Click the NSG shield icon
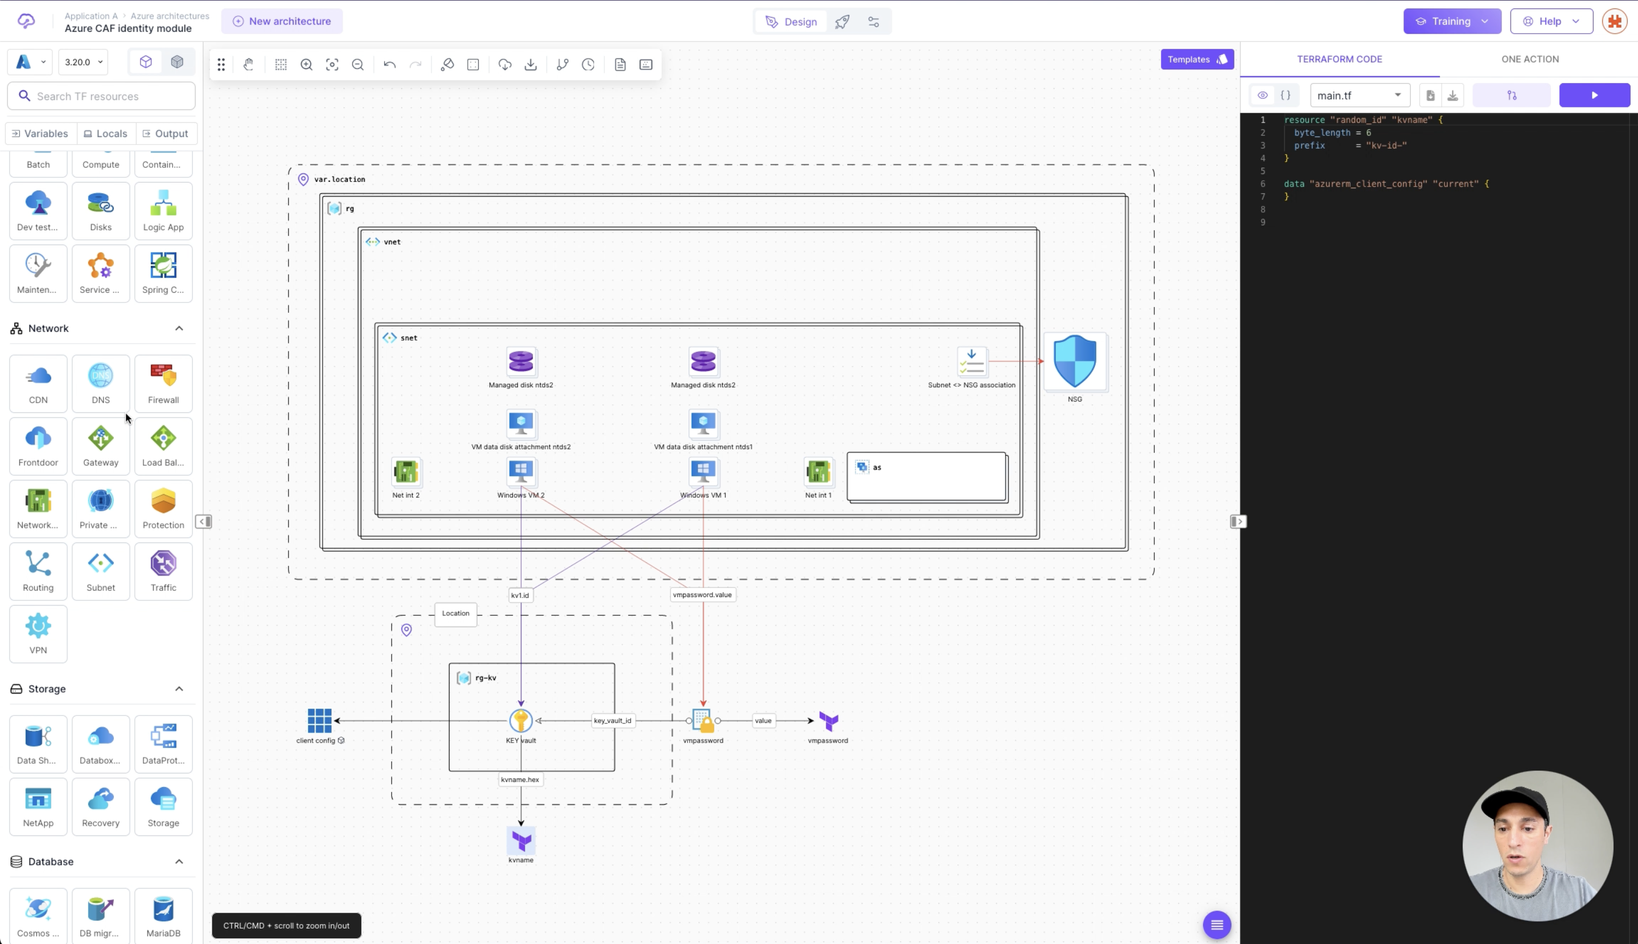click(1075, 361)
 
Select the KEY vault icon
click(520, 721)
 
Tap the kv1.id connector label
click(520, 595)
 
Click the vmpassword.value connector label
click(702, 594)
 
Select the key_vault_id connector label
click(612, 721)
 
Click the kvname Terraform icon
click(521, 841)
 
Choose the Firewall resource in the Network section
click(163, 383)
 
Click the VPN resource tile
click(38, 634)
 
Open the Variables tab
click(40, 134)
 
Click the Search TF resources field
click(101, 96)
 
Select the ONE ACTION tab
click(1530, 59)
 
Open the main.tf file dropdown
click(1360, 96)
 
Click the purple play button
click(1594, 96)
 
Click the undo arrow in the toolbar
click(389, 64)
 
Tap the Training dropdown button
click(1452, 22)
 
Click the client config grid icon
click(319, 721)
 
